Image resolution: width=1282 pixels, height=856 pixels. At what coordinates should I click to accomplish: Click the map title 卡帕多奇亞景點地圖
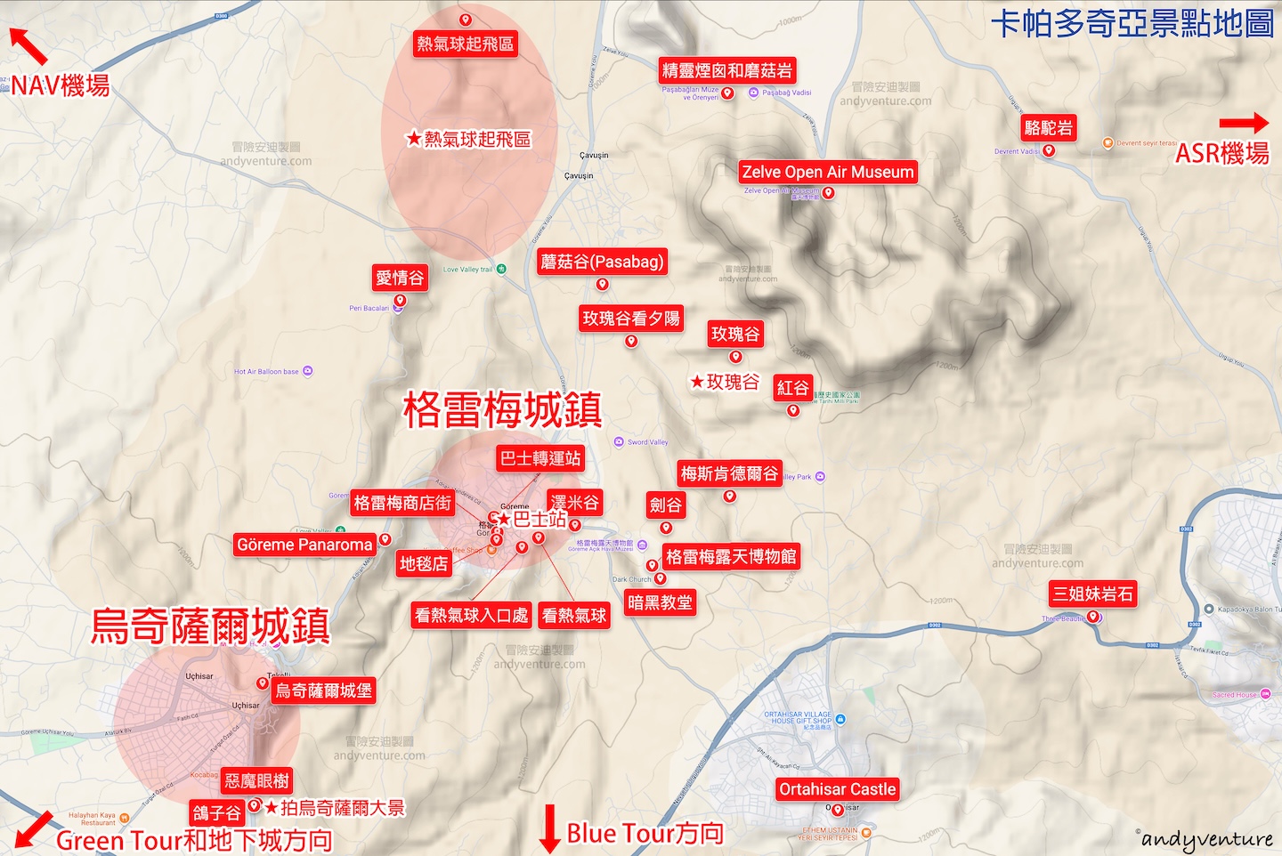1132,24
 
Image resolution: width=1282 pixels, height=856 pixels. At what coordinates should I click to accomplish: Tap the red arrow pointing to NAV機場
28,45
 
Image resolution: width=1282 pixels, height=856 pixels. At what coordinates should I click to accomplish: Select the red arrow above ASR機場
1243,123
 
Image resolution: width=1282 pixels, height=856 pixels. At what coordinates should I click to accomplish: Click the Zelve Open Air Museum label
828,172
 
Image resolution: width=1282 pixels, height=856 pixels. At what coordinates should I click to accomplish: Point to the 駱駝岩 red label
1049,127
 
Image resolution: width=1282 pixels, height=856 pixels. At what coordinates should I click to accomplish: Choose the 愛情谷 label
400,278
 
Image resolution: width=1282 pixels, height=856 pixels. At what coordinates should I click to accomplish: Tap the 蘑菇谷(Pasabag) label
602,262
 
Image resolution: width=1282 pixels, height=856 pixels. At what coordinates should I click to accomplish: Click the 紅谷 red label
792,387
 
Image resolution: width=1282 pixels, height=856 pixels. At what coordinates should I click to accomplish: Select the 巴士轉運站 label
540,458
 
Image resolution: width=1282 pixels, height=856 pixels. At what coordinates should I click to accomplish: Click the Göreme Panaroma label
304,545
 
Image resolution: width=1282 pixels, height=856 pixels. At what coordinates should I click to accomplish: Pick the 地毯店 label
423,563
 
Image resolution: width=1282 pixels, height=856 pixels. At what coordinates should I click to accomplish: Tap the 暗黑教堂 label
660,602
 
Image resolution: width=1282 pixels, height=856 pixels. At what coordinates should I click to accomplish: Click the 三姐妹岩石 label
1092,594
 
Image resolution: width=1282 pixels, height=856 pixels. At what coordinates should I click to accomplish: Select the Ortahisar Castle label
837,789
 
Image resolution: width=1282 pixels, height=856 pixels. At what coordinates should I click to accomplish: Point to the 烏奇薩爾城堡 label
323,690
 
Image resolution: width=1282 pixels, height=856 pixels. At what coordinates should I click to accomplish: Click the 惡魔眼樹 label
256,780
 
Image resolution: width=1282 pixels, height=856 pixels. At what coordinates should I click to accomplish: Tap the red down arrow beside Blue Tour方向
550,828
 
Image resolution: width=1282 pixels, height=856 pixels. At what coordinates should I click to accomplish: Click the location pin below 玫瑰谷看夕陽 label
631,341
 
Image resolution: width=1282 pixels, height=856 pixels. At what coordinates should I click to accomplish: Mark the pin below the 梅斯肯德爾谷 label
729,496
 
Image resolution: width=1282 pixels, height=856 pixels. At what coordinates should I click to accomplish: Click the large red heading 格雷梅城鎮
502,410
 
